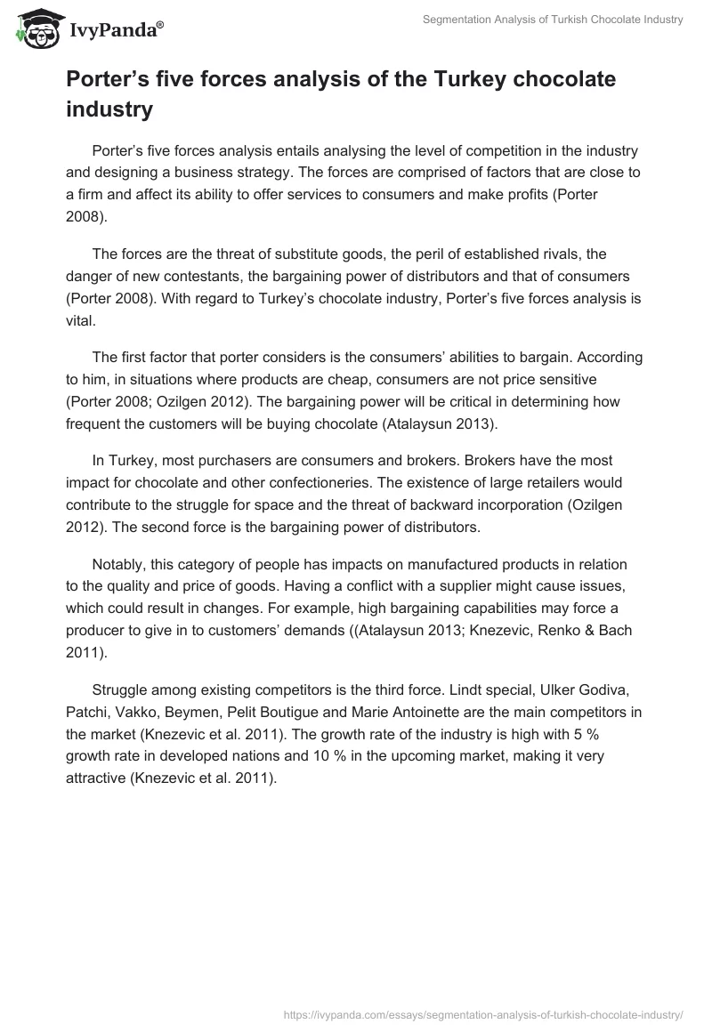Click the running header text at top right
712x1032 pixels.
[x=552, y=20]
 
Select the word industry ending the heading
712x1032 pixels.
[x=109, y=110]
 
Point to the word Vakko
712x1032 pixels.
[x=134, y=712]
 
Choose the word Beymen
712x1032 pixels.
[x=190, y=712]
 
